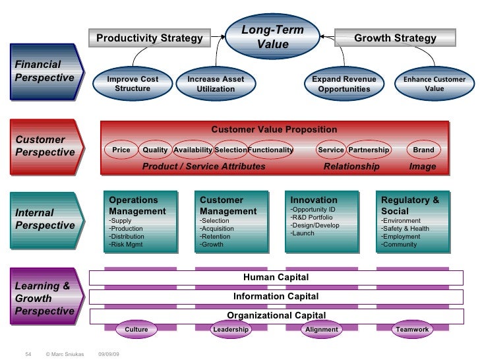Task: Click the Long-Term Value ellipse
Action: point(270,38)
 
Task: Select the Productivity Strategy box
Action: point(150,39)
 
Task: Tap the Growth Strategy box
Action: point(395,38)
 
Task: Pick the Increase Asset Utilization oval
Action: point(216,84)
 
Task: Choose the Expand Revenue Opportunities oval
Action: point(344,84)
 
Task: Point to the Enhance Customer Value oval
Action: point(434,84)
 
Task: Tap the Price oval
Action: point(121,150)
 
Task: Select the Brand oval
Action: point(423,150)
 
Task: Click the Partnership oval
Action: point(369,150)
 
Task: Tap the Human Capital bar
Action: point(276,277)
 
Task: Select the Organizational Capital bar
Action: point(276,315)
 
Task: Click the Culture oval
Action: point(136,329)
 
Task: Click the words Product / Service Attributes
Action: point(204,167)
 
